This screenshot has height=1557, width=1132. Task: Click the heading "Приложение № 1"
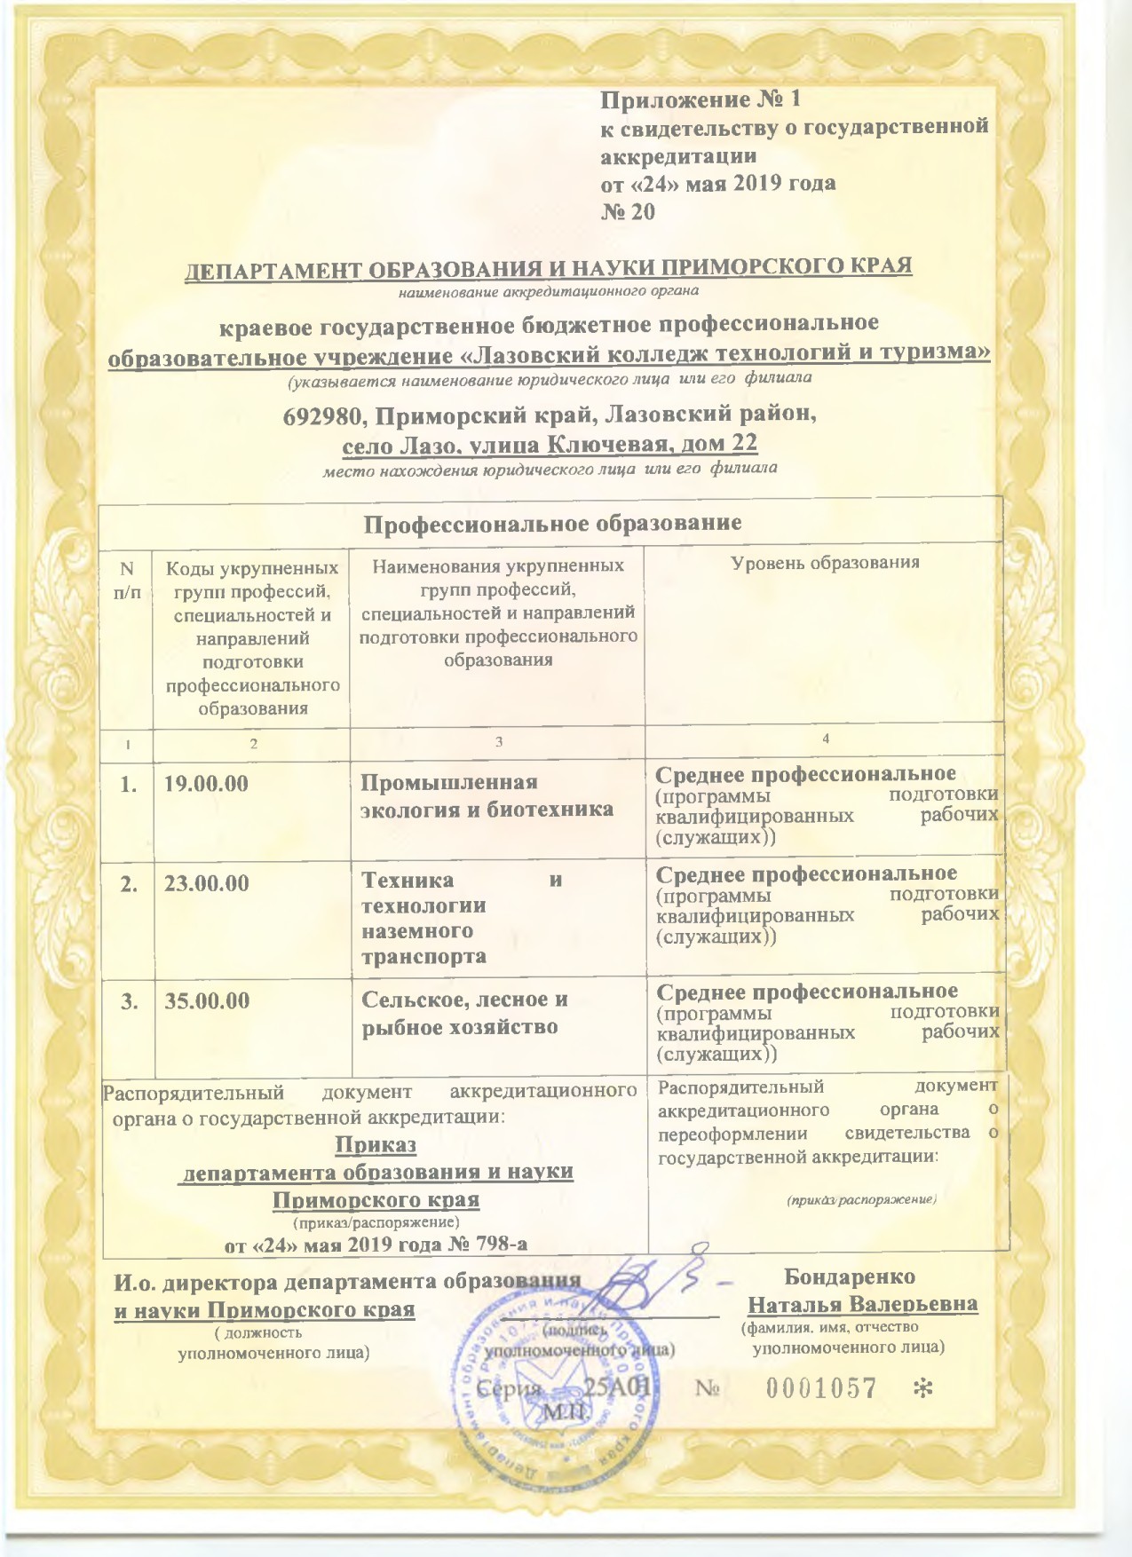[x=701, y=99]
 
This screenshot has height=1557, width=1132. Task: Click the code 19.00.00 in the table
[x=207, y=784]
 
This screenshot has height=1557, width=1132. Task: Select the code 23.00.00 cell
[x=207, y=883]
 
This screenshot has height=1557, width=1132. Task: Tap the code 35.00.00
[x=208, y=1000]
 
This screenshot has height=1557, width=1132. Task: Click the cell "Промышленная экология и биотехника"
[x=486, y=795]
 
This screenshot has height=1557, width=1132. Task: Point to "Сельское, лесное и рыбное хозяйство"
[x=464, y=1013]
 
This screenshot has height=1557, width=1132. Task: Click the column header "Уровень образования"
[x=824, y=563]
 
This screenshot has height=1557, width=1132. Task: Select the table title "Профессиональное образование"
[x=552, y=523]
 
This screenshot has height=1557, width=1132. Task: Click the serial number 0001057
[x=821, y=1388]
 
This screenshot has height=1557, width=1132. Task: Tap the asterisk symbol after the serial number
[x=923, y=1388]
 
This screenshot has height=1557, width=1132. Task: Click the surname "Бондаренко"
[x=849, y=1276]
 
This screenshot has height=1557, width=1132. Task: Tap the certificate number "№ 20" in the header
[x=629, y=212]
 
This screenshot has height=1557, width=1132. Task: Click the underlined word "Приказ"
[x=376, y=1145]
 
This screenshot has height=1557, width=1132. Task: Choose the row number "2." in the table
[x=130, y=883]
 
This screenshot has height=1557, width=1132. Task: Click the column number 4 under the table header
[x=826, y=739]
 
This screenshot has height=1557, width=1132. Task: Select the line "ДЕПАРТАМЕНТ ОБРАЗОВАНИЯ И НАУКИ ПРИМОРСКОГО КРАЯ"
[x=548, y=267]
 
